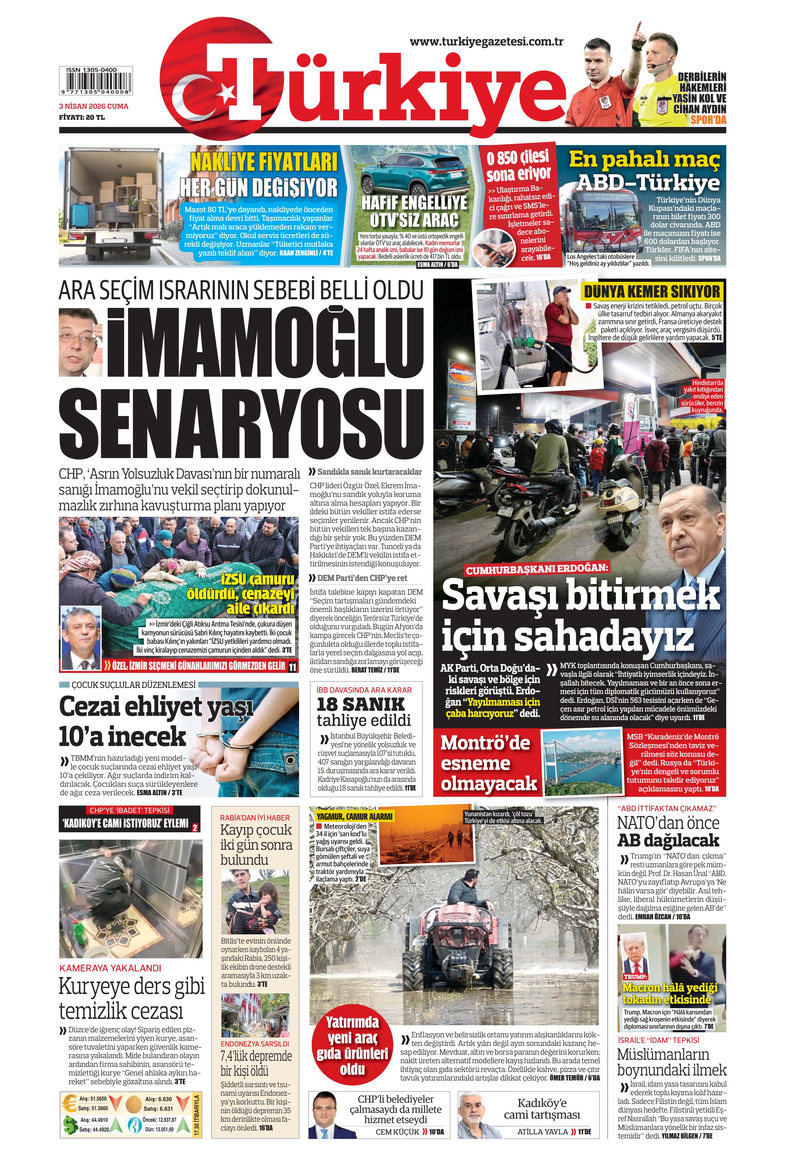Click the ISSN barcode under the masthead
pyautogui.click(x=96, y=81)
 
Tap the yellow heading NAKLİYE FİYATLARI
pyautogui.click(x=264, y=161)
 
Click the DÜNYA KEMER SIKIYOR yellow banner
pyautogui.click(x=652, y=292)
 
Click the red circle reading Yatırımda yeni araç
pyautogui.click(x=352, y=1044)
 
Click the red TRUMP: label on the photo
pyautogui.click(x=635, y=977)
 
